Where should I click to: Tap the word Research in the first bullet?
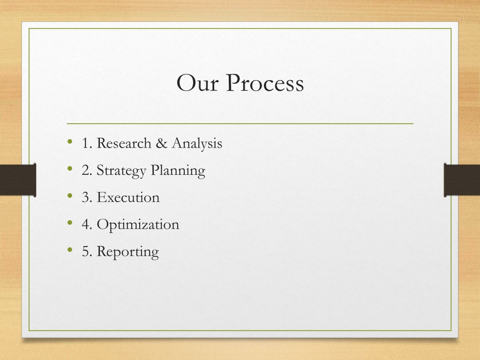point(124,143)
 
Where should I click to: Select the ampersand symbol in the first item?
point(161,143)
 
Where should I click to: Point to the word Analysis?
point(197,143)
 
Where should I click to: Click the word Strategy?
point(121,171)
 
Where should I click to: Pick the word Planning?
point(178,171)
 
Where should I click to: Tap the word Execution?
point(128,197)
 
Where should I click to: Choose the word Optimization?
point(138,225)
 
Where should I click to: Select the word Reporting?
point(128,252)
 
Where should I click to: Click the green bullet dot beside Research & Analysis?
point(70,142)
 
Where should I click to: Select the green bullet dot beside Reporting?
point(70,250)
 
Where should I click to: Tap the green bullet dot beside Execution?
point(70,195)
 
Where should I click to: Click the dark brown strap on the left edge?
point(18,180)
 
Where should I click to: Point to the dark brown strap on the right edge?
point(462,180)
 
